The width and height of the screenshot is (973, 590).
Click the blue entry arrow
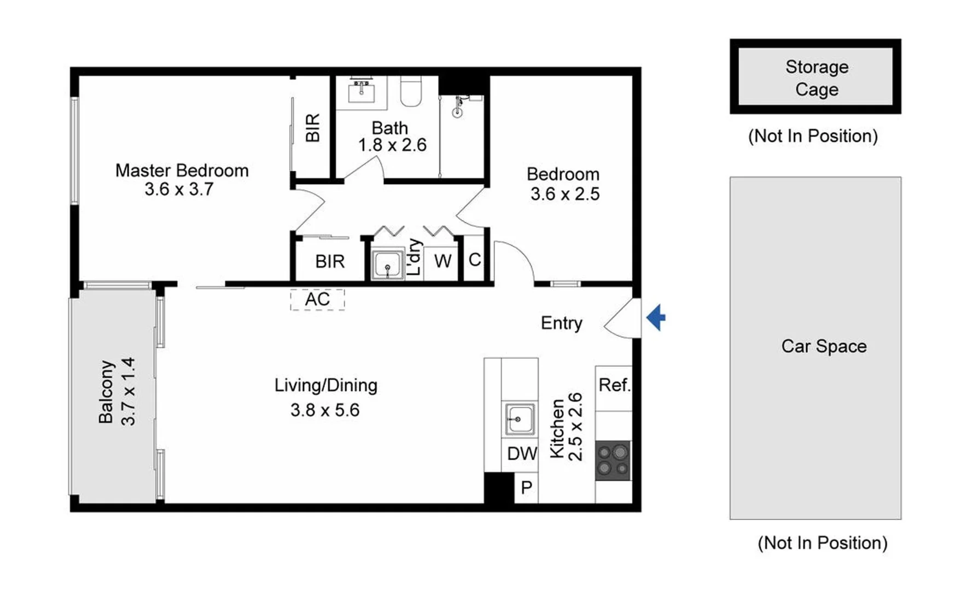(656, 317)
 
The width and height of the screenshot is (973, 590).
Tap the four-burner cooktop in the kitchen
(613, 461)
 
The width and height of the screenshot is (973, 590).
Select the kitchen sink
(519, 419)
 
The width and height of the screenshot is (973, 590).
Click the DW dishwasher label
(522, 453)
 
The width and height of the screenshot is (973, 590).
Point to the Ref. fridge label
(614, 385)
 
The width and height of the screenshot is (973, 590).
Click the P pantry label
(527, 487)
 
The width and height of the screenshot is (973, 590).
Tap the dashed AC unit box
(317, 299)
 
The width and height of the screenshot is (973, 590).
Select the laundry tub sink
(387, 265)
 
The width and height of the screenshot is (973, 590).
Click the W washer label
(442, 261)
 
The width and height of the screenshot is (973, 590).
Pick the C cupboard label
(475, 259)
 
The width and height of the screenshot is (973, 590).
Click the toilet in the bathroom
(411, 91)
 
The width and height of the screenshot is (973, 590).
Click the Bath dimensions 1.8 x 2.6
(392, 145)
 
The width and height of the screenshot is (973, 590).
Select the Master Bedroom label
(182, 170)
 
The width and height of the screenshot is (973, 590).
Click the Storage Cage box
(815, 77)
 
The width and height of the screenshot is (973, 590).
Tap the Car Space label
(824, 346)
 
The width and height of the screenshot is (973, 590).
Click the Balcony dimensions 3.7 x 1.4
(128, 391)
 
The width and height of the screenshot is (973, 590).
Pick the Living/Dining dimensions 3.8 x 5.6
(325, 410)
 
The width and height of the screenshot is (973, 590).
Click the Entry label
(561, 323)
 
